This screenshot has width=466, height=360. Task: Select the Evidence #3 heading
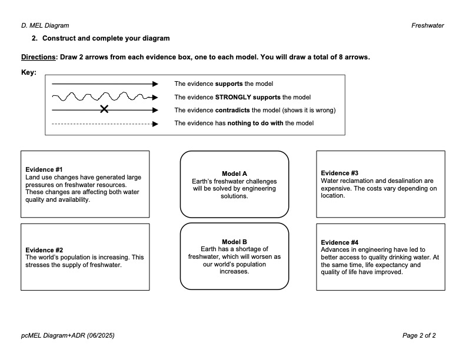[339, 173]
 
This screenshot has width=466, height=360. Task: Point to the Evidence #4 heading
[339, 242]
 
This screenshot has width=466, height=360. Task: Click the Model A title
[234, 174]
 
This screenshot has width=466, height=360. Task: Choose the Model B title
[234, 242]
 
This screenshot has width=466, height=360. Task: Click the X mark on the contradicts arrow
[104, 109]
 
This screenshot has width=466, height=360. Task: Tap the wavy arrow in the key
[105, 97]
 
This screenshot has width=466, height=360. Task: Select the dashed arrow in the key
[105, 124]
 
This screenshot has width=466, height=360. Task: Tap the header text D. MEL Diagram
[45, 25]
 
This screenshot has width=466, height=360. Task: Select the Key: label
[28, 73]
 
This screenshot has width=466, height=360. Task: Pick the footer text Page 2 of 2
[419, 335]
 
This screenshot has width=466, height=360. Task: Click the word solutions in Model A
[234, 196]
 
